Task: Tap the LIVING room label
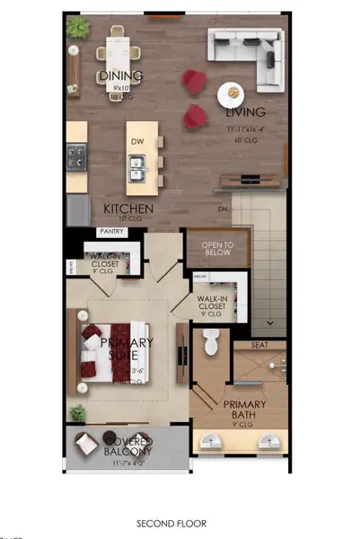point(246,113)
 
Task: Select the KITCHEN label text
point(128,208)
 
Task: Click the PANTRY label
point(111,232)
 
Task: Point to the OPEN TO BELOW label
point(217,248)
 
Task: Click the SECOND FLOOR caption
point(171,523)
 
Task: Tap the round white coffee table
point(231,92)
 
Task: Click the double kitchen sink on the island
point(138,163)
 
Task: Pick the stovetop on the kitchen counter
point(76,158)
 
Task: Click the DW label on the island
point(137,141)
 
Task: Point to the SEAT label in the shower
point(260,345)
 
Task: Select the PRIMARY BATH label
point(245,409)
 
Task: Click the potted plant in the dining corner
point(78,27)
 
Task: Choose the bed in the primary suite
point(112,350)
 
